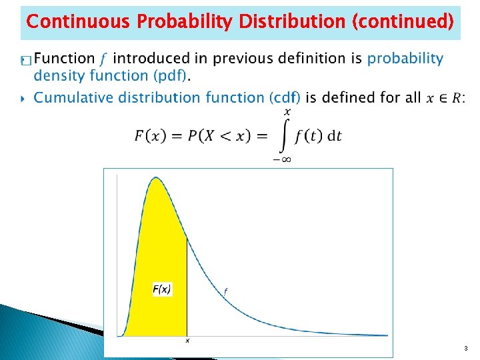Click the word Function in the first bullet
coord(64,59)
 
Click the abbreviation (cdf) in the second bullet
coord(282,97)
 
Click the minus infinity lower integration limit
coord(281,159)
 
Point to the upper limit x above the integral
coord(287,111)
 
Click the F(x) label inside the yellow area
coord(162,289)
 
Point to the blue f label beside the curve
coord(225,291)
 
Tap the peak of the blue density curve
coord(156,178)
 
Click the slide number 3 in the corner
coord(465,349)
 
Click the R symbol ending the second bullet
coord(457,98)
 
